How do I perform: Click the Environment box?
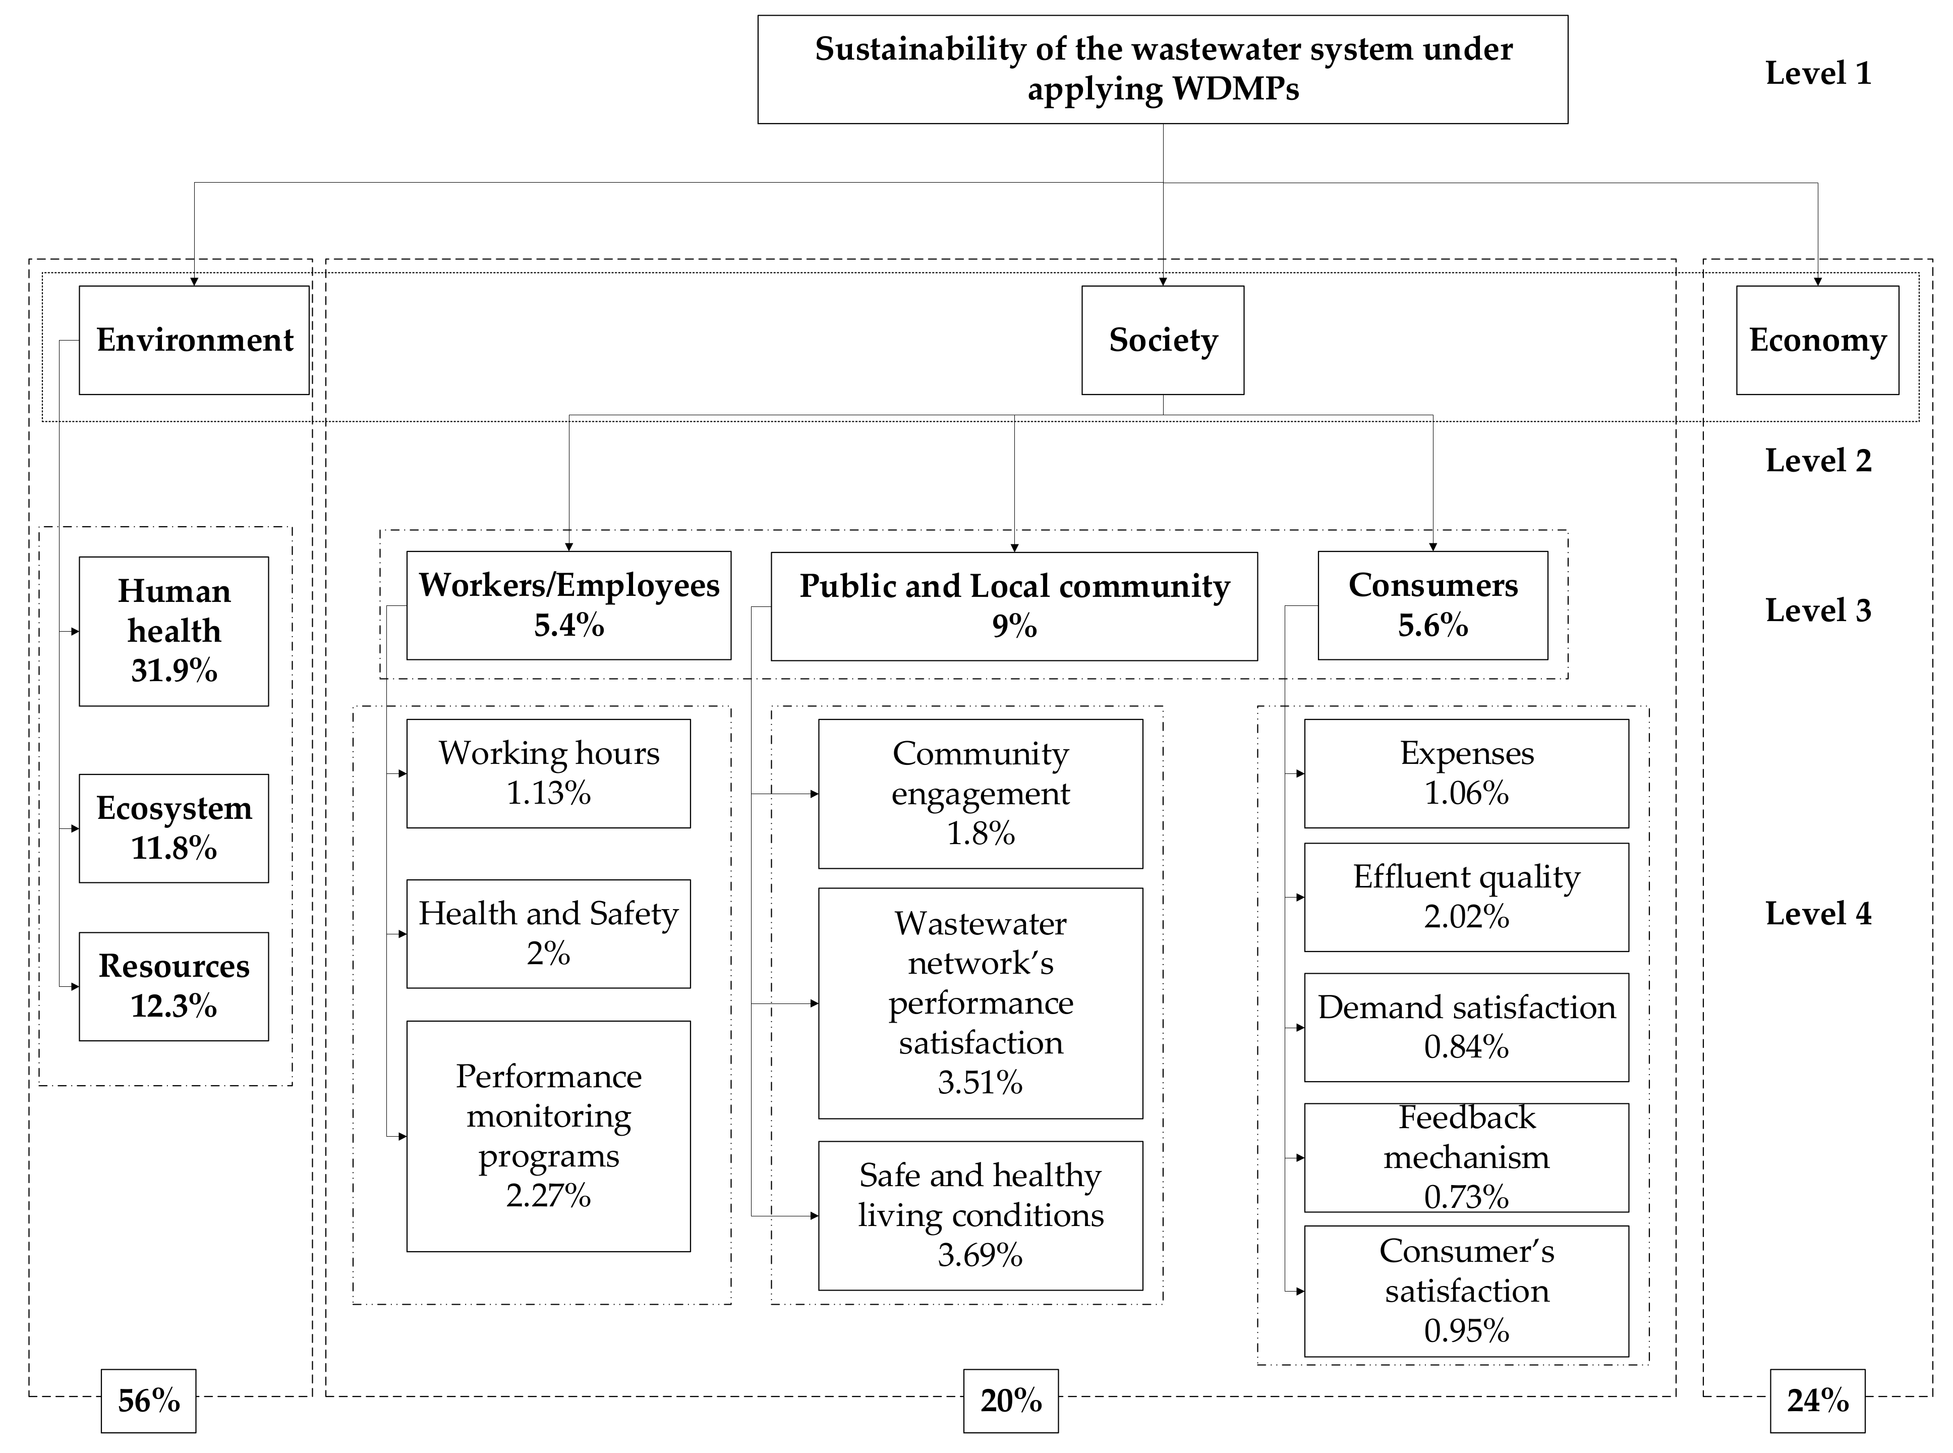(x=194, y=341)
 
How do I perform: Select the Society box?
(x=1163, y=341)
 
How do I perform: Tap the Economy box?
(x=1817, y=341)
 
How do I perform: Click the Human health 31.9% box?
(x=174, y=631)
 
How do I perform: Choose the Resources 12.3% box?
(x=174, y=986)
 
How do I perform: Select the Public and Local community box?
(x=1014, y=606)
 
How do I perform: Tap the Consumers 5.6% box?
(x=1432, y=605)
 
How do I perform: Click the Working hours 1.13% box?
(x=548, y=773)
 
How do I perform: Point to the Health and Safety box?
(x=548, y=933)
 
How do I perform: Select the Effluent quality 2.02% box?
(x=1466, y=897)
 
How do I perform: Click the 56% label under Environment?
(x=149, y=1400)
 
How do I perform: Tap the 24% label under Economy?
(x=1817, y=1400)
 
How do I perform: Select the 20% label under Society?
(x=1010, y=1400)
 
